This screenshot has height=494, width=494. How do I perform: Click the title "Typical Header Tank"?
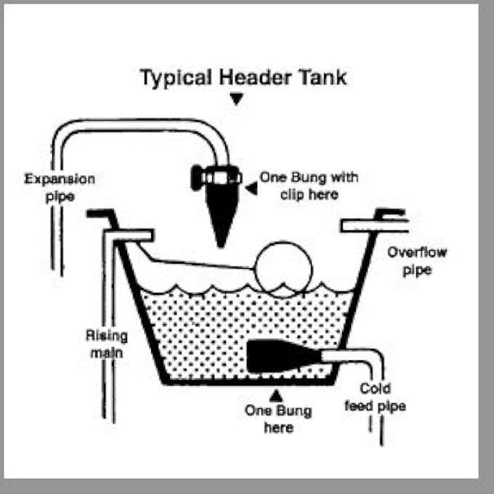click(243, 78)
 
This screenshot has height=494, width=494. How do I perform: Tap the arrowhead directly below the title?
click(236, 99)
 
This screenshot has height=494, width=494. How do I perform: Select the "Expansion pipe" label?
click(60, 187)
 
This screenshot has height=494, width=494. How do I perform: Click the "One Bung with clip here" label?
click(309, 186)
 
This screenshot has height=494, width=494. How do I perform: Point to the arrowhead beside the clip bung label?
click(251, 188)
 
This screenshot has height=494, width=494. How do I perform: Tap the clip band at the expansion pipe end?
click(216, 177)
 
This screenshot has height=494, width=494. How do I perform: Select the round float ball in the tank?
click(283, 270)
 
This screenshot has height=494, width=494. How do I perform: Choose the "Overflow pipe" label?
click(417, 262)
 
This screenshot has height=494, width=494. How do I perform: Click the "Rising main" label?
click(107, 344)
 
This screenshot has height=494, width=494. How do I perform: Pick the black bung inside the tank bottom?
click(283, 356)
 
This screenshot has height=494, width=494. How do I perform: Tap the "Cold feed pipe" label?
click(376, 397)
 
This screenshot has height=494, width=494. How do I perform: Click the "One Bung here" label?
click(278, 419)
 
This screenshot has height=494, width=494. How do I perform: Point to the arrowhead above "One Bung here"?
click(276, 396)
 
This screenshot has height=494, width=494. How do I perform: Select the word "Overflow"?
click(417, 252)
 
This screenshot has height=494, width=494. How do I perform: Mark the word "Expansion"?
click(60, 179)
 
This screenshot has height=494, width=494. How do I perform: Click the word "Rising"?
click(107, 336)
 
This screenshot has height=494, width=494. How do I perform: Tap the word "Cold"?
click(376, 389)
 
